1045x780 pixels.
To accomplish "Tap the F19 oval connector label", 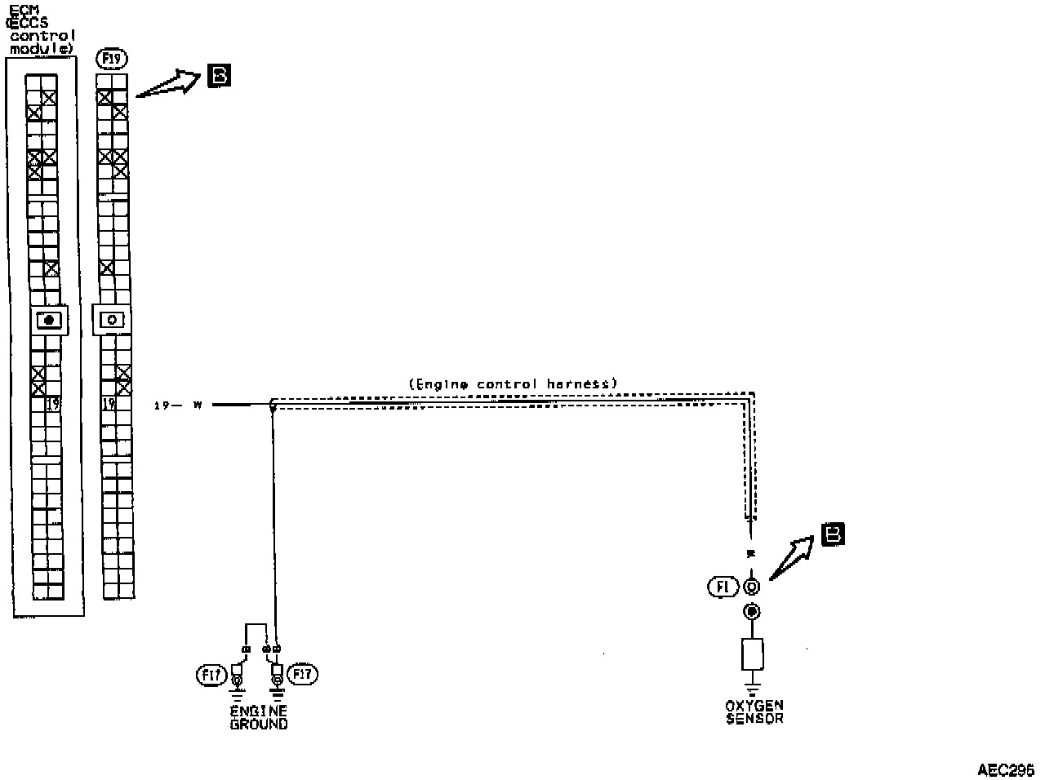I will [110, 58].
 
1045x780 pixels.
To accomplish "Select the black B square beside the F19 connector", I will [219, 76].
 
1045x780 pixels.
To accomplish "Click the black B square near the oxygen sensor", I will [833, 534].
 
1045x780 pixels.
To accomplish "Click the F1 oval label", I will [723, 586].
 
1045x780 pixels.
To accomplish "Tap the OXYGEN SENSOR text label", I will [754, 711].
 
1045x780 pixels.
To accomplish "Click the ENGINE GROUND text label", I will [259, 717].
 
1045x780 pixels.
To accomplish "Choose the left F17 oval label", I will [211, 675].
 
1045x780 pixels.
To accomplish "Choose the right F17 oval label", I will [304, 674].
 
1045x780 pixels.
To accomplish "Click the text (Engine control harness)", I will [513, 383].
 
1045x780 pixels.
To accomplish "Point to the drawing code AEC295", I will [1006, 769].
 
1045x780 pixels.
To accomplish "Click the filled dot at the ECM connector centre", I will [49, 320].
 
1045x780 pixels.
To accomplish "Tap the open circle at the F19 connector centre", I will [112, 320].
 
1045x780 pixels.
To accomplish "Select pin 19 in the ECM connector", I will [53, 403].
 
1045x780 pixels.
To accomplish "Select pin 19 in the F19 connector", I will [108, 403].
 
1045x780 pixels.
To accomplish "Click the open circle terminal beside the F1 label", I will [751, 587].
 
